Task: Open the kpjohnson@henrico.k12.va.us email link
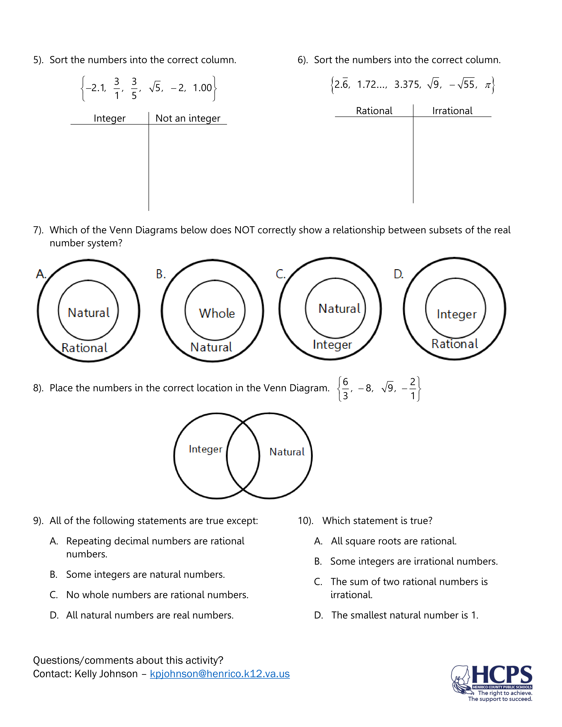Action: (x=220, y=674)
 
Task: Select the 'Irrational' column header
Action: (x=452, y=111)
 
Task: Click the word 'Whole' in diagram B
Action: (x=217, y=313)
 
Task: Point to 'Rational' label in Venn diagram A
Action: (x=85, y=348)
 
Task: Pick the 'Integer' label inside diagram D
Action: (x=456, y=314)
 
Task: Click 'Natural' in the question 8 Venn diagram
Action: (x=287, y=452)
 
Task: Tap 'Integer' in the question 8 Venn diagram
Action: (x=205, y=449)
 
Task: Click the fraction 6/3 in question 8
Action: (x=345, y=388)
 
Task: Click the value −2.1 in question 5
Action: (x=96, y=88)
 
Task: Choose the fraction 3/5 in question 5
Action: (x=134, y=88)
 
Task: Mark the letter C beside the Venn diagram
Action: (x=280, y=274)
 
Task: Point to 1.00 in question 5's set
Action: (x=202, y=88)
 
